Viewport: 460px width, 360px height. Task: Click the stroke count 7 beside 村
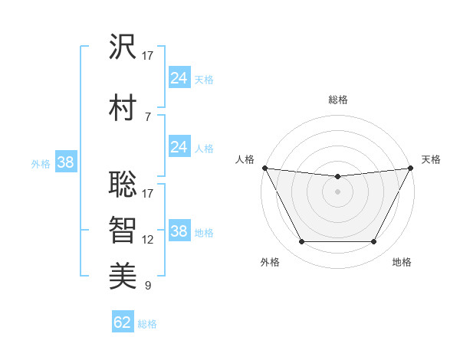(x=147, y=116)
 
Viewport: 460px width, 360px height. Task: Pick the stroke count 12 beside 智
(x=148, y=240)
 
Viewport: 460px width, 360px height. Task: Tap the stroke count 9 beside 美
(x=147, y=286)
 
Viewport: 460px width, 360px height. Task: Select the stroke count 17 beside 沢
(x=148, y=56)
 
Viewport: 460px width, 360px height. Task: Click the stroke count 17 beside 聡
(x=148, y=192)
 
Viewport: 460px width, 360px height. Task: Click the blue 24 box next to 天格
(x=179, y=77)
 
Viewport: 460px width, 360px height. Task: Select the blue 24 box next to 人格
(x=179, y=146)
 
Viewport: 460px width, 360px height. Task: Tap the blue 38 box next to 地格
(x=179, y=231)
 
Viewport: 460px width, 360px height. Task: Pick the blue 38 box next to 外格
(x=65, y=162)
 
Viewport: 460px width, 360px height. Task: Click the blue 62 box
(x=123, y=322)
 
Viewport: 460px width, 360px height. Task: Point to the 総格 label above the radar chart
(x=337, y=100)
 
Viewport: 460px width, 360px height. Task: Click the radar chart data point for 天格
(x=411, y=168)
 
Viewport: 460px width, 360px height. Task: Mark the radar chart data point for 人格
(x=264, y=168)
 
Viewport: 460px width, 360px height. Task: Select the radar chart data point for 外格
(x=301, y=242)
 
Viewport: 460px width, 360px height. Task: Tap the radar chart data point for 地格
(x=374, y=242)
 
